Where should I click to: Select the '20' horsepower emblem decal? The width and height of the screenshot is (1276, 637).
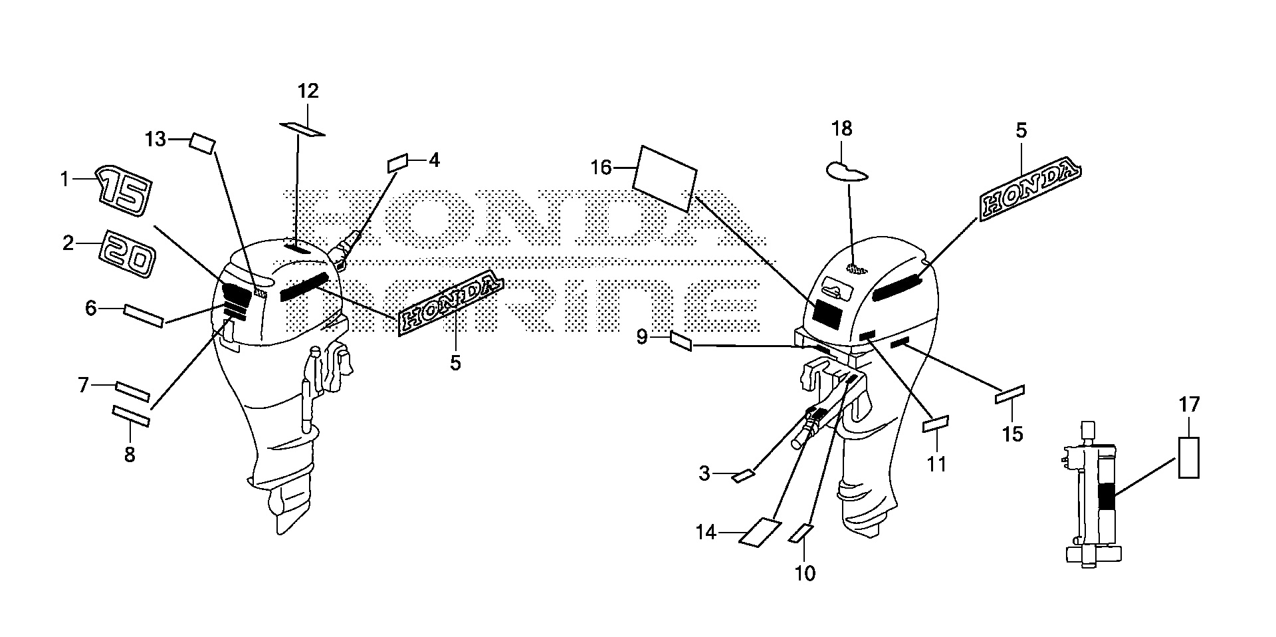point(128,253)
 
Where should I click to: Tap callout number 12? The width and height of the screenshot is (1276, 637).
point(308,91)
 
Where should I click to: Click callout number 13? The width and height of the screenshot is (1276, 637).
point(156,139)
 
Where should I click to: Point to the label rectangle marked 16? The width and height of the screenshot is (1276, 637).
point(664,178)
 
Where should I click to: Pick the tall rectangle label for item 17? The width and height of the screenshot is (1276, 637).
point(1189,457)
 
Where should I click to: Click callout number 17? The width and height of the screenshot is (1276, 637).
point(1190,404)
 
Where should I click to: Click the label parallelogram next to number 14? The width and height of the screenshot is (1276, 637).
point(760,532)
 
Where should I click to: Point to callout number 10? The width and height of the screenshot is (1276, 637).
point(805,573)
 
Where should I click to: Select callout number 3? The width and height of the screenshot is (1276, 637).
point(704,474)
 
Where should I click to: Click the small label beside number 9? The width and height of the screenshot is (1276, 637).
point(681,342)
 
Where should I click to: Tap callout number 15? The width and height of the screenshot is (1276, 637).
point(1013,434)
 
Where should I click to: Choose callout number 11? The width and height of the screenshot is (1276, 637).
point(937,463)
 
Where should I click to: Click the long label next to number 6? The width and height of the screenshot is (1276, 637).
point(144,317)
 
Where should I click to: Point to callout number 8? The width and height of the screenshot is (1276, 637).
point(130,455)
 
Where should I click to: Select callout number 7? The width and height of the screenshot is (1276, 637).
point(83,385)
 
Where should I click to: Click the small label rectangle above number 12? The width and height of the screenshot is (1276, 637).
point(302,128)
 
